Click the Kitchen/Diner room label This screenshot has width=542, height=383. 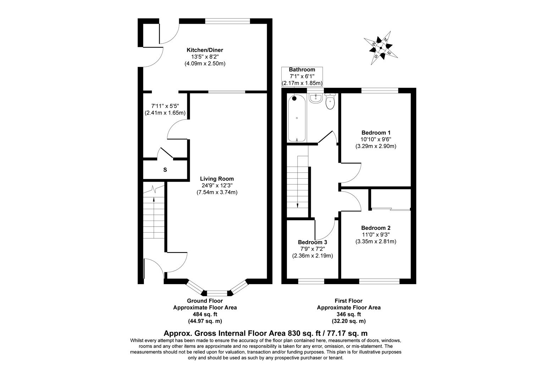coord(205,50)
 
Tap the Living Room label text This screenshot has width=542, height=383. coord(217,179)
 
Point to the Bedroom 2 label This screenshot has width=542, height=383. coord(376,228)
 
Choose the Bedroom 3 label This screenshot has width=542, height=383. coord(313,242)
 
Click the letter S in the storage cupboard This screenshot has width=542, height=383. coord(165,170)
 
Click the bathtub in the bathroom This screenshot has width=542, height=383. coord(297,118)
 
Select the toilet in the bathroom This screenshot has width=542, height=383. coord(330,102)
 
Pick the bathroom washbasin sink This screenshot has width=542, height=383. coord(315,98)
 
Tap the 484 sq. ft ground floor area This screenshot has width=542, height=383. coord(205,314)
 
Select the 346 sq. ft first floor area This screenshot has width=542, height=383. coord(349,314)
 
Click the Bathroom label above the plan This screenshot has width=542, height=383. coord(302,70)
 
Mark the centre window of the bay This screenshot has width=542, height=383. coord(217,293)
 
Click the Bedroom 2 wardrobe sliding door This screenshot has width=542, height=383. coord(391,209)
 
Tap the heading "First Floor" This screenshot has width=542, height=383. coord(349,301)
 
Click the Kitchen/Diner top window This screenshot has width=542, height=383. coord(228,21)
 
